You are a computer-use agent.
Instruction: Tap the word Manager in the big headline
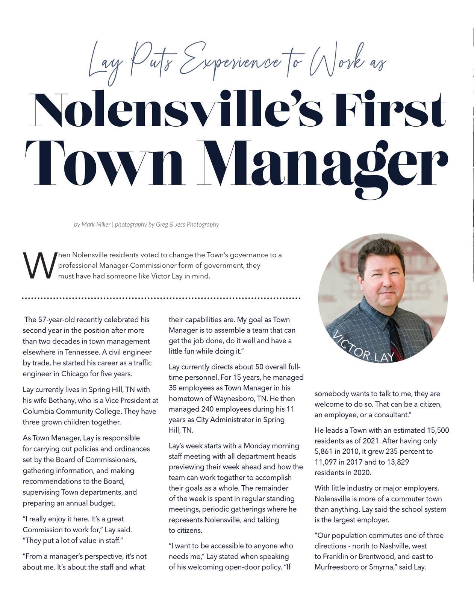(x=326, y=165)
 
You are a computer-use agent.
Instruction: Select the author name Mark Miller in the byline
(x=96, y=224)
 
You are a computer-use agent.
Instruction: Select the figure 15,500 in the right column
(x=438, y=430)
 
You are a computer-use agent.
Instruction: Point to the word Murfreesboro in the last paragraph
(x=336, y=567)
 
